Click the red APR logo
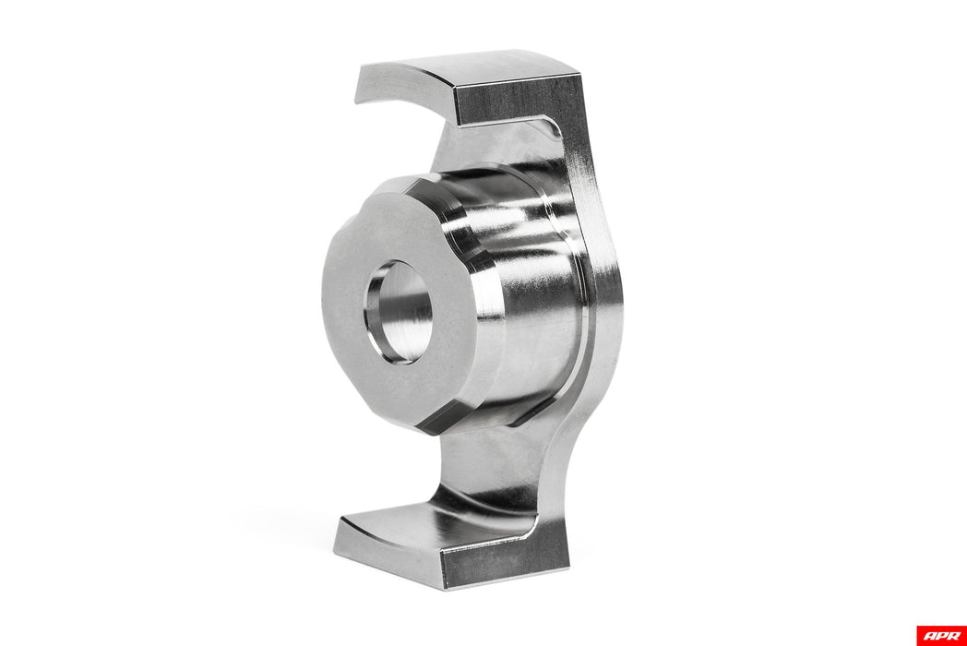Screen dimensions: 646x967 [x=941, y=635]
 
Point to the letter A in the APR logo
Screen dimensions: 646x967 [x=929, y=635]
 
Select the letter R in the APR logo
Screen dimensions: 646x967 [x=952, y=635]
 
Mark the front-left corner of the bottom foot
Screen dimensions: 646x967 [x=337, y=552]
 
